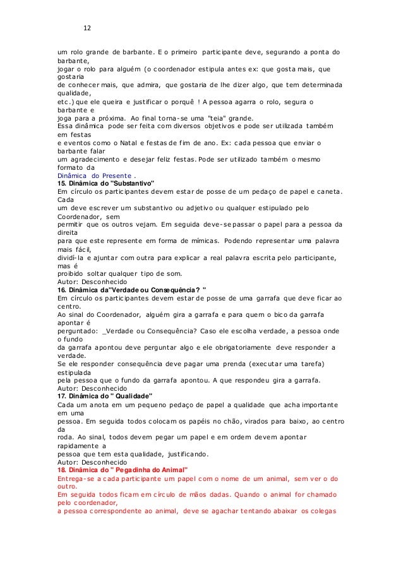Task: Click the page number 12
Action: [88, 28]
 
